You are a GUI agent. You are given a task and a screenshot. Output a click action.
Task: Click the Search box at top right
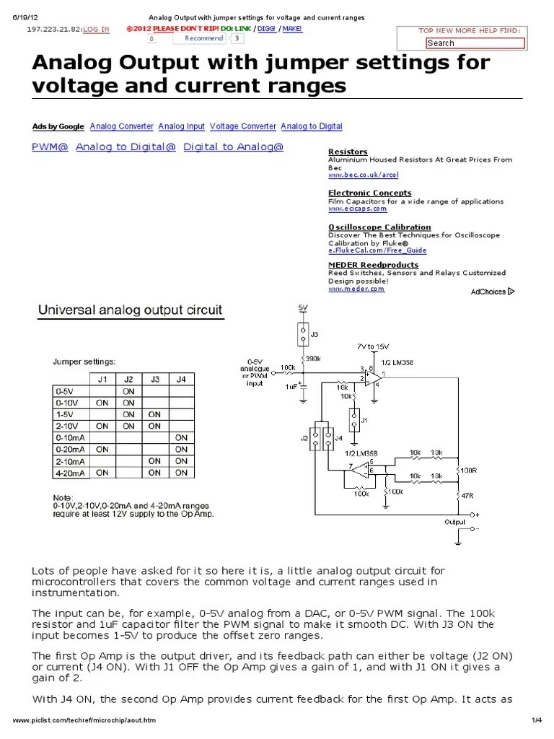[x=474, y=43]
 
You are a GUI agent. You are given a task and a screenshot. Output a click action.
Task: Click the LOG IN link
[x=96, y=29]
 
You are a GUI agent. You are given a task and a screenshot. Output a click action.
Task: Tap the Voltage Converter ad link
[x=243, y=126]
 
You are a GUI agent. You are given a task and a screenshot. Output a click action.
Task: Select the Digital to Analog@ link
[x=234, y=147]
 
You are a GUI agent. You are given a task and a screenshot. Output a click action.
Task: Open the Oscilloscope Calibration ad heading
[x=379, y=227]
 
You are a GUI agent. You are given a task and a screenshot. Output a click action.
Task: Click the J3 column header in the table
[x=155, y=379]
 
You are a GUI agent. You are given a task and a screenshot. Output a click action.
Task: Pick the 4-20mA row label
[x=70, y=473]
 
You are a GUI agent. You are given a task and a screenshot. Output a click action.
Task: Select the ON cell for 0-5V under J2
[x=128, y=391]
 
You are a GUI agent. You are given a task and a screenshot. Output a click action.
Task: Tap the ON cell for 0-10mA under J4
[x=181, y=438]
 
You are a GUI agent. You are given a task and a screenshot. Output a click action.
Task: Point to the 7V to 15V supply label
[x=372, y=346]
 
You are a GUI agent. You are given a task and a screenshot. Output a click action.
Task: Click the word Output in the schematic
[x=454, y=522]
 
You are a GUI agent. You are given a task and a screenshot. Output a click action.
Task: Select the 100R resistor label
[x=470, y=470]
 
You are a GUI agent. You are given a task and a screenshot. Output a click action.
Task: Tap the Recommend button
[x=203, y=38]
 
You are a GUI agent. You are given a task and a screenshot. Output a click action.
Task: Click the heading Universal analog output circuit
[x=130, y=311]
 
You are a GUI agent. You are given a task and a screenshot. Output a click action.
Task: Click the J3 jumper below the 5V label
[x=303, y=334]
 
